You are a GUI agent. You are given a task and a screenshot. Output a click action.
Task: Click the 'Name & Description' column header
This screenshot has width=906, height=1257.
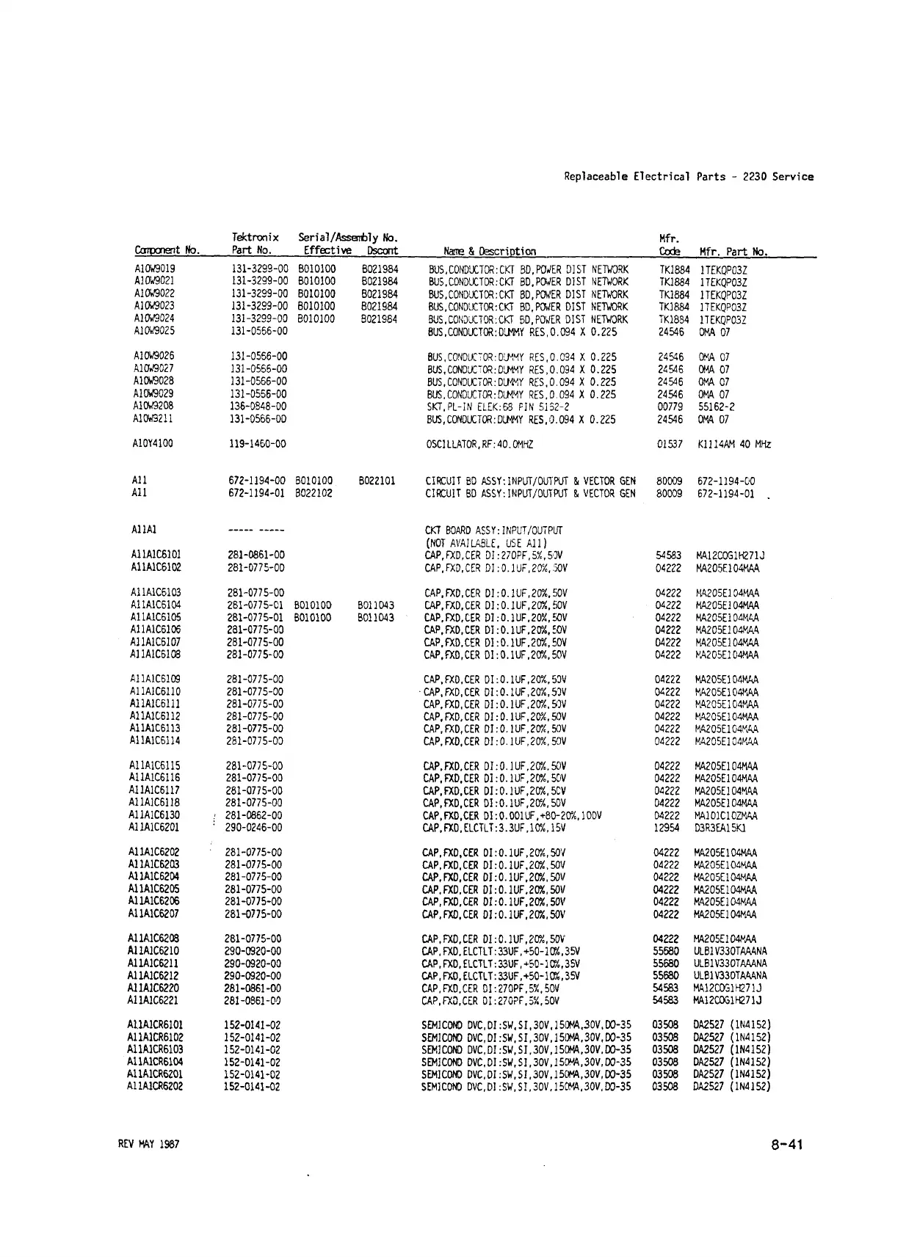coord(490,251)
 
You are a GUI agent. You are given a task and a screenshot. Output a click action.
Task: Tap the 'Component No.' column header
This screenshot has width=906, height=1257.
coord(167,251)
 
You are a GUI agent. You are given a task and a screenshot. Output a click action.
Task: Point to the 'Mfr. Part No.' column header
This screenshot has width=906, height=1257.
coord(733,252)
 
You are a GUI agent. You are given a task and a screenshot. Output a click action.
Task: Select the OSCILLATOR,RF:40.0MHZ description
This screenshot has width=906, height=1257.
coord(479,445)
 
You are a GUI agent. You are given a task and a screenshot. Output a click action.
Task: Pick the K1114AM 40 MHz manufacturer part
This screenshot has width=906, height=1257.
coord(733,445)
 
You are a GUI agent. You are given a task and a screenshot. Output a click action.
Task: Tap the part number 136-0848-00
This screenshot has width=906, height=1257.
coord(258,407)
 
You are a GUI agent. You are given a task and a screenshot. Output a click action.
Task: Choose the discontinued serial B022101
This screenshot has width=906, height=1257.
coord(377,481)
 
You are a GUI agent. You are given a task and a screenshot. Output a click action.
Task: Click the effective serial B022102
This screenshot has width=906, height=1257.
coord(314,494)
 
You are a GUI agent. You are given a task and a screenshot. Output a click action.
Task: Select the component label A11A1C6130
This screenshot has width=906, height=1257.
coord(154,815)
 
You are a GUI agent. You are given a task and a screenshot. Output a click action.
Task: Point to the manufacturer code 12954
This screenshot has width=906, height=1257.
coord(667,828)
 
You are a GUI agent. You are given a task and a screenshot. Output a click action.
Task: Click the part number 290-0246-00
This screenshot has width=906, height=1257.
coord(253,828)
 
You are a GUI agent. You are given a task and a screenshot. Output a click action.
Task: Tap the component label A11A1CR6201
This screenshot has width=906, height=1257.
coord(155,1074)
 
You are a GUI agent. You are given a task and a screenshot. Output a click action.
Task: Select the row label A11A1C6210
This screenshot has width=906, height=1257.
coord(153,951)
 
